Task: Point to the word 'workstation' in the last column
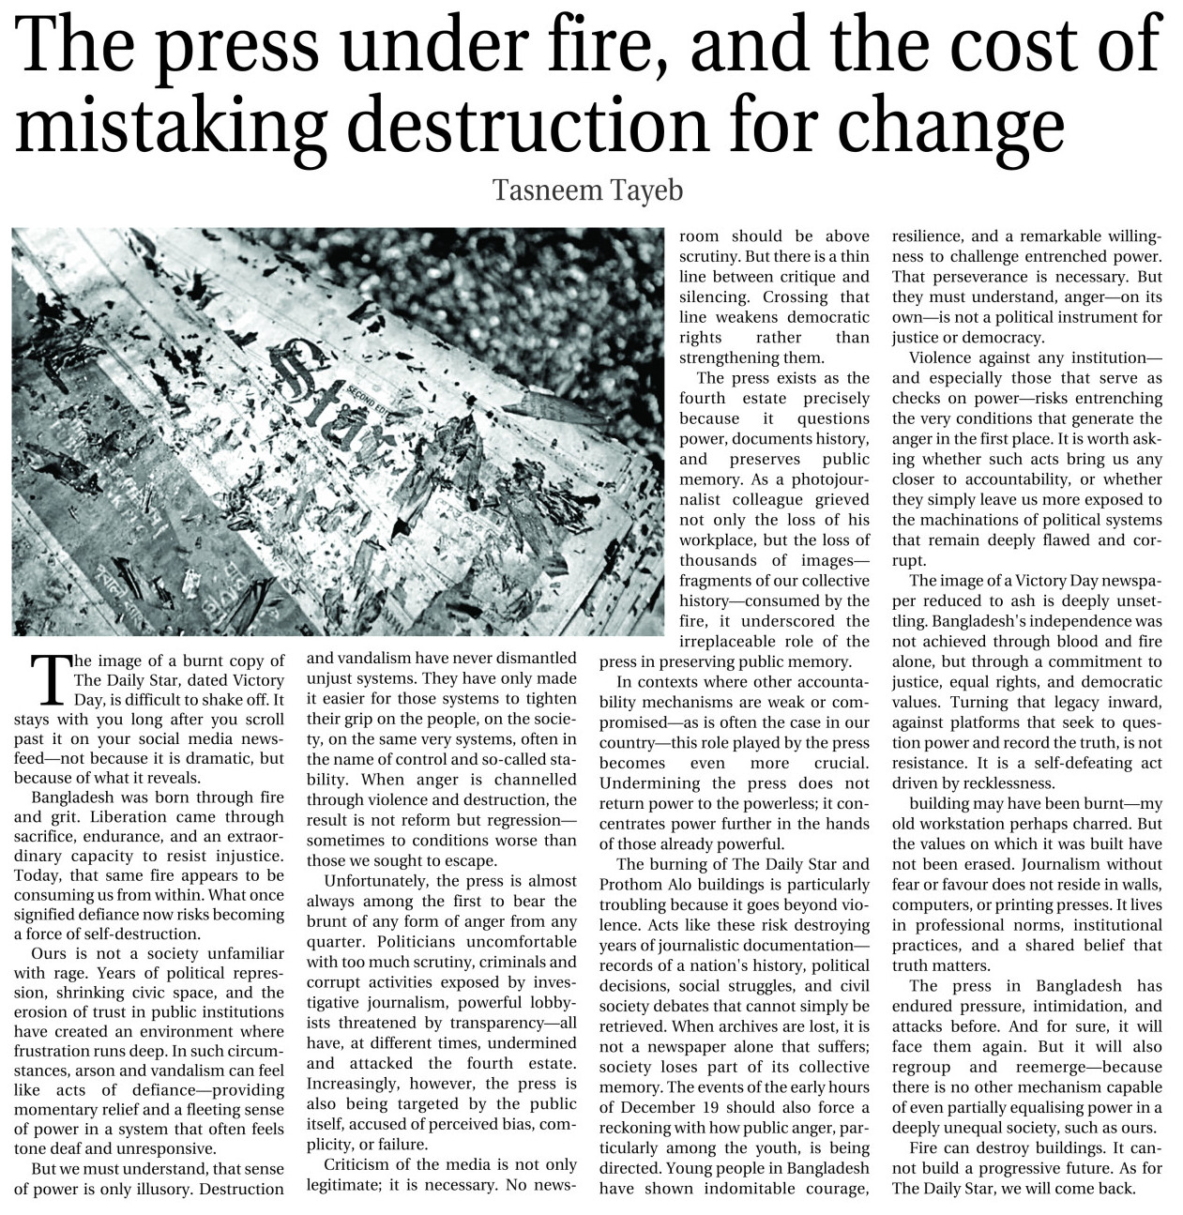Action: point(963,823)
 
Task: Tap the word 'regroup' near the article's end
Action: point(921,1067)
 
